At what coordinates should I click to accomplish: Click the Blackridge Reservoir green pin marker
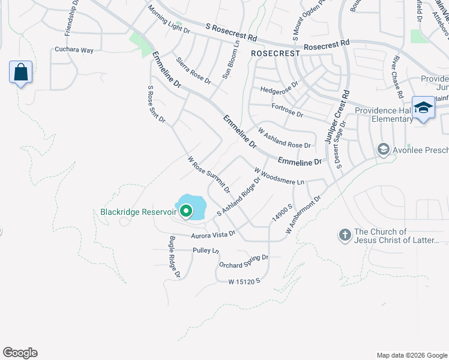186,211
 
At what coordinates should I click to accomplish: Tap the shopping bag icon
20,72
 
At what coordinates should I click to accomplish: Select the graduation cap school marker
424,107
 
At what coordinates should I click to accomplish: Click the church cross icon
345,235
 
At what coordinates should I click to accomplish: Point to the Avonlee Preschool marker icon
383,149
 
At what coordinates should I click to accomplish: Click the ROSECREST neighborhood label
275,53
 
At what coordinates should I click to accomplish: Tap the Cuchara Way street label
74,50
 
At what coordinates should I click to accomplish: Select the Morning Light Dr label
169,20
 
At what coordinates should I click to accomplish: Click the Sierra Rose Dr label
193,71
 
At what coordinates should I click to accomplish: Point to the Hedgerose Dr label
279,89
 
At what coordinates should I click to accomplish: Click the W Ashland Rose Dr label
285,137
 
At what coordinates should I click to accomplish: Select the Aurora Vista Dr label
212,235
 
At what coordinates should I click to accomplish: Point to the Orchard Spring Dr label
243,262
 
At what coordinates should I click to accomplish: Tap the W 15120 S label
244,281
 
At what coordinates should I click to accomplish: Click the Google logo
20,353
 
